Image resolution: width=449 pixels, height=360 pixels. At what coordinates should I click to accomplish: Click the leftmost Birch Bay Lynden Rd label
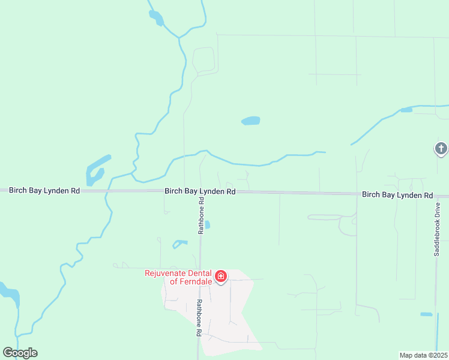tap(44, 190)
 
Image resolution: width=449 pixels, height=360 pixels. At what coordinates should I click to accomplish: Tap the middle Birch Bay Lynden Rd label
tap(200, 191)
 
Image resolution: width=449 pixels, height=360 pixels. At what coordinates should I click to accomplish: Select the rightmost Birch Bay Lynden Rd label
tap(397, 195)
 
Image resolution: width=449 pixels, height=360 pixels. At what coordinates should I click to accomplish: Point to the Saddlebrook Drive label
tap(437, 229)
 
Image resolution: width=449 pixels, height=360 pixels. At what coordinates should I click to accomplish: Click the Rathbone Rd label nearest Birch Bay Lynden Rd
tap(202, 216)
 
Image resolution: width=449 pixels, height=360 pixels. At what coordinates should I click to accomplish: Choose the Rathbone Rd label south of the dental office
tap(198, 317)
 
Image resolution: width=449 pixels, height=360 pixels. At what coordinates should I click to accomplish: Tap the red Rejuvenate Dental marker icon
tap(221, 277)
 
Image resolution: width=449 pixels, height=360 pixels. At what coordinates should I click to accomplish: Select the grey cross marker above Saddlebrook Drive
tap(441, 148)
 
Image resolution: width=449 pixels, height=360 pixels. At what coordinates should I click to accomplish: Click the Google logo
tap(20, 352)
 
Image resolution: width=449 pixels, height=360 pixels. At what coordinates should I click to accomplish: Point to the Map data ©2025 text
tap(423, 355)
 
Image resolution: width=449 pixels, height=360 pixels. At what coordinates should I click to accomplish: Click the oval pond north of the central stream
tap(251, 121)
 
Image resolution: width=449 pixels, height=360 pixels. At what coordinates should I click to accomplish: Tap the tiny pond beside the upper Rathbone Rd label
tap(207, 225)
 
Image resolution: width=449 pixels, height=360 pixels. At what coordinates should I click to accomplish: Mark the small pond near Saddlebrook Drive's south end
tap(426, 314)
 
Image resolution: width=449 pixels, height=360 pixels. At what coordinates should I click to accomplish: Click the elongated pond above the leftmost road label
tap(96, 170)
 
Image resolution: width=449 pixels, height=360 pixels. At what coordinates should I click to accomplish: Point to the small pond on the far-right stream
tap(406, 110)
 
